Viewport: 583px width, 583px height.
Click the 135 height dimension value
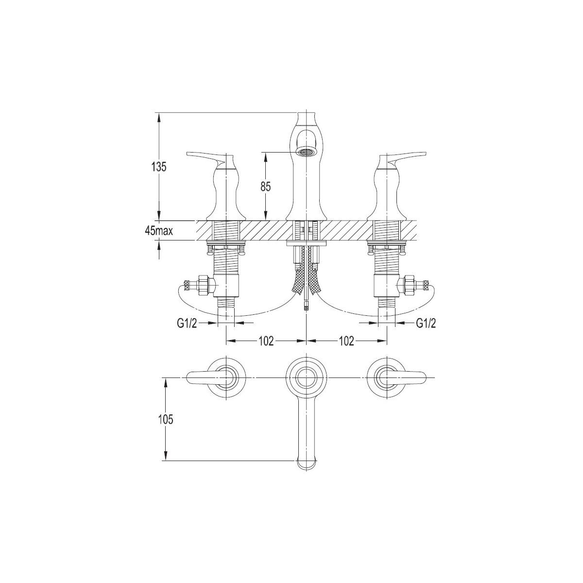[x=159, y=167]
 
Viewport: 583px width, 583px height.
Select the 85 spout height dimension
[x=265, y=187]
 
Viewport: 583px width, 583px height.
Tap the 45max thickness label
[x=159, y=231]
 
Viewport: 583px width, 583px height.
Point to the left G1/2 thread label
[x=187, y=324]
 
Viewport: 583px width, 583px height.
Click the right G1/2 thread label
[x=426, y=324]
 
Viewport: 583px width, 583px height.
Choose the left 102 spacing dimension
[x=266, y=341]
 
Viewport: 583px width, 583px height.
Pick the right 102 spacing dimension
[x=346, y=341]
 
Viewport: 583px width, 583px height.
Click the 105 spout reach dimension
[x=166, y=419]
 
